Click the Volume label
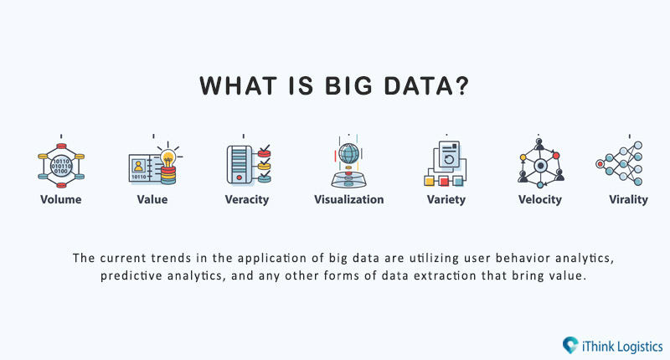pos(60,199)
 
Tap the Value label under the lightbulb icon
pos(152,199)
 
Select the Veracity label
pos(247,200)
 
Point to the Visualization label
pos(348,199)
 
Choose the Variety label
pos(446,200)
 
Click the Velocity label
pos(540,200)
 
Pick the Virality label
pos(628,200)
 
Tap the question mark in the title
pos(461,86)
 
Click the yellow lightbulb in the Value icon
pos(168,158)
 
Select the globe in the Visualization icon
pos(348,153)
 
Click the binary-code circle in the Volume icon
pos(61,166)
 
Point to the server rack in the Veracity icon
pos(240,165)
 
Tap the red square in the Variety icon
pos(444,182)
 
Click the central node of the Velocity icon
pos(540,165)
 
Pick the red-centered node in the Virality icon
pos(600,163)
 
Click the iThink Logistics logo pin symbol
pos(570,345)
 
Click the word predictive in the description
pos(131,276)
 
